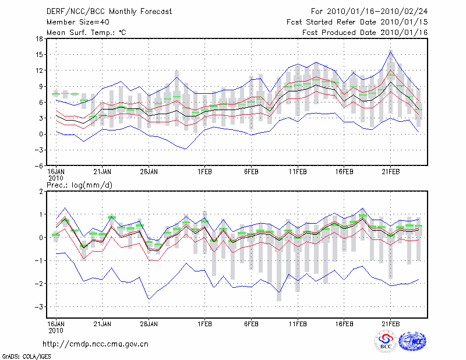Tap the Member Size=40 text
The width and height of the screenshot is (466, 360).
77,22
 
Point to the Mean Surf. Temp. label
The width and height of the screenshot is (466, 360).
86,33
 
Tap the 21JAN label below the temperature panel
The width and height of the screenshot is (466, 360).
103,172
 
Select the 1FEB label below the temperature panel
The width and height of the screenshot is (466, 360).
204,172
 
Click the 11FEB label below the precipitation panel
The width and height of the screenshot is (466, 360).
298,323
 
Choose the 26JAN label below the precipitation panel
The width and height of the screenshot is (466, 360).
149,323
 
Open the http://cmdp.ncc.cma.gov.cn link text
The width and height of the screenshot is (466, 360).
104,344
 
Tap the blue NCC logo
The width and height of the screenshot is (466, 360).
412,341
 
